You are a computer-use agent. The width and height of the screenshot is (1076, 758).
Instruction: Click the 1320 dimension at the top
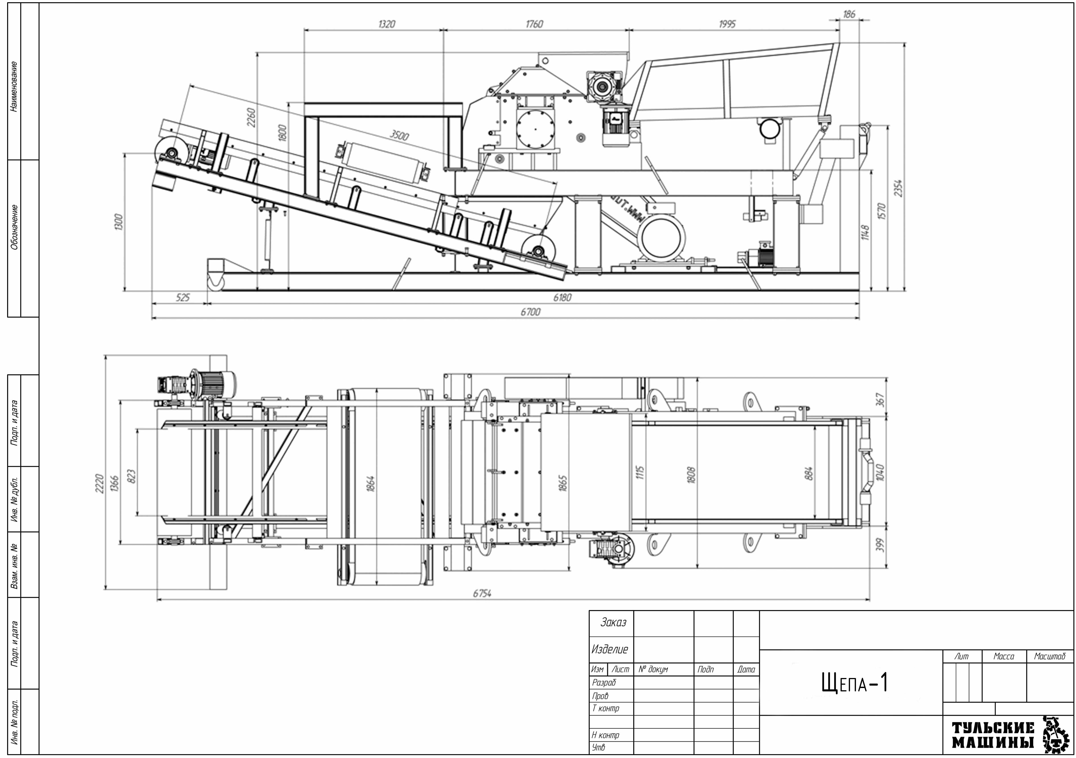pos(387,24)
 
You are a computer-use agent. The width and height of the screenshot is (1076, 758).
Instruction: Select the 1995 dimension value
pos(727,24)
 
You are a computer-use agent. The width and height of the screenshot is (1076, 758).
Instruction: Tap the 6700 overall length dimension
pos(531,312)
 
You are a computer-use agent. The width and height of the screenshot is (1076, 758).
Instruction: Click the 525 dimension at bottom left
pos(183,297)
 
